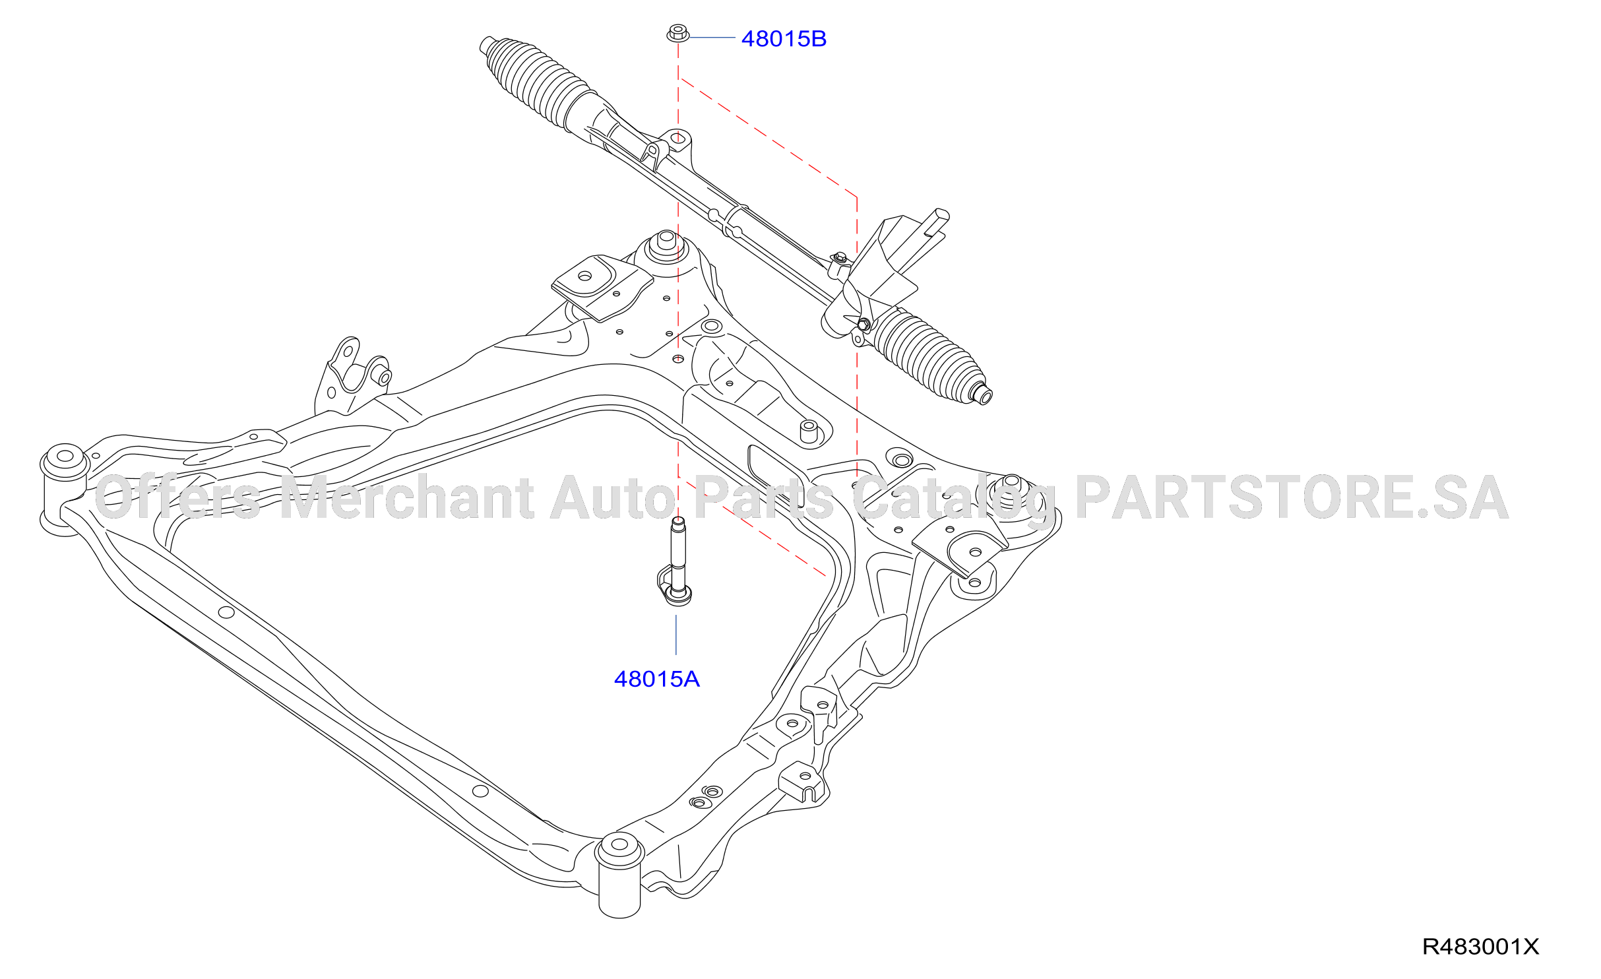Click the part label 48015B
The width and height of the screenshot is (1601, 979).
pyautogui.click(x=784, y=39)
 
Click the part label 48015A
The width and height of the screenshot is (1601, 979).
pyautogui.click(x=656, y=679)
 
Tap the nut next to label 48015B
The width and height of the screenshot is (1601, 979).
pyautogui.click(x=677, y=33)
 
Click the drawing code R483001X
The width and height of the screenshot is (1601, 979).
pyautogui.click(x=1480, y=947)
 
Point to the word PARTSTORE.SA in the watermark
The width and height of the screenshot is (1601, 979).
pyautogui.click(x=1292, y=497)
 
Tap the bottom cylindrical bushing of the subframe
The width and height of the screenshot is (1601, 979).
pyautogui.click(x=619, y=875)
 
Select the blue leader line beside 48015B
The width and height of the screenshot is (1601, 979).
pyautogui.click(x=712, y=38)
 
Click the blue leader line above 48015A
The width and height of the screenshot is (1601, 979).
pyautogui.click(x=676, y=635)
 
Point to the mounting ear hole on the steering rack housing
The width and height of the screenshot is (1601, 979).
pyautogui.click(x=677, y=139)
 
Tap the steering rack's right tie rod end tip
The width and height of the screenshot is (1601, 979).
pyautogui.click(x=984, y=396)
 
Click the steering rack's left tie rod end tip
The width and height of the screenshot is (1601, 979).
pyautogui.click(x=486, y=45)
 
